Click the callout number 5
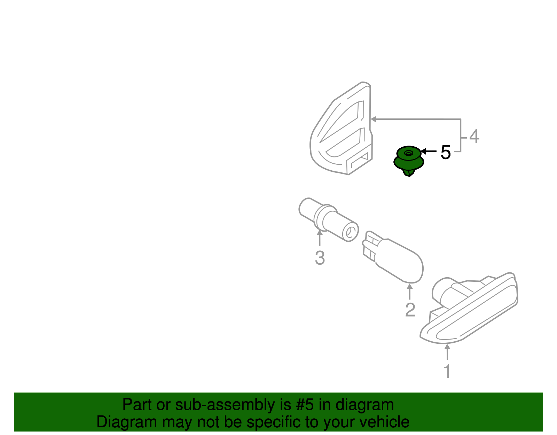tap(446, 152)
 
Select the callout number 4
tap(474, 136)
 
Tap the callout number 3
tap(320, 258)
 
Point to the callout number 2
tap(410, 310)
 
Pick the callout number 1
tap(447, 371)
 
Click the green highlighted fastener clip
tap(409, 161)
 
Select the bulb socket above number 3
tap(329, 220)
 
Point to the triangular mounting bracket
tap(341, 128)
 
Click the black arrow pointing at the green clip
tap(429, 151)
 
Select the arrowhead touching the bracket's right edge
tap(374, 119)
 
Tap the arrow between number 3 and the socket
tap(319, 238)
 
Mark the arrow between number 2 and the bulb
tap(410, 292)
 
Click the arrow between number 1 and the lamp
tap(447, 352)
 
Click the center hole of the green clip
tap(408, 153)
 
